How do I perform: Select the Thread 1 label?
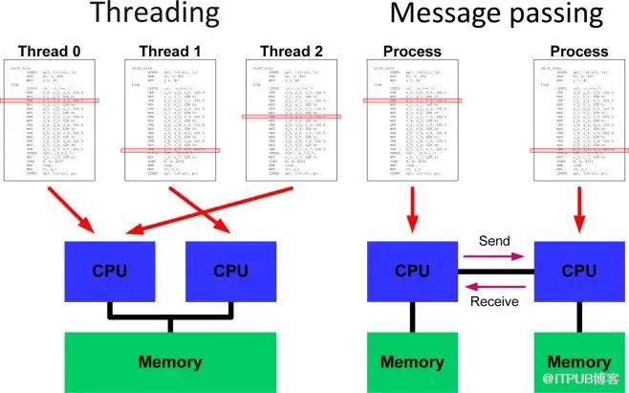coord(170,52)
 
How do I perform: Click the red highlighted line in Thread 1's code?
coord(170,150)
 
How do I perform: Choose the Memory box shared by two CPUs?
coord(170,361)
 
